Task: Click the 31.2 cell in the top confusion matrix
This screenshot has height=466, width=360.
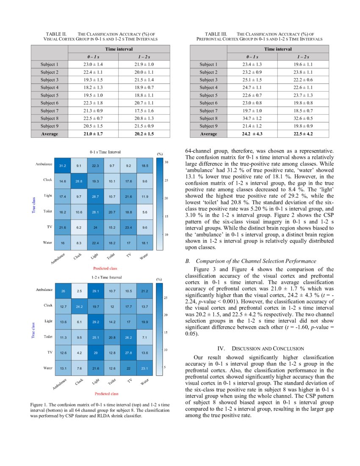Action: (x=62, y=166)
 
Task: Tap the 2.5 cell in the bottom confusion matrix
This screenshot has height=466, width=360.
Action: (x=79, y=291)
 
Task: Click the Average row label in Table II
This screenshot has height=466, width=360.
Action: (x=49, y=134)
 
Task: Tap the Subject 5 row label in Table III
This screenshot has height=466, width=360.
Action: (x=209, y=95)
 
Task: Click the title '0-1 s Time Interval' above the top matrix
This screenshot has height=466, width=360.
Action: (x=105, y=152)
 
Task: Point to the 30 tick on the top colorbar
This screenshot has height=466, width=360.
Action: (x=166, y=162)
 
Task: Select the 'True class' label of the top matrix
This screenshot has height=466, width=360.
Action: (x=33, y=203)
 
